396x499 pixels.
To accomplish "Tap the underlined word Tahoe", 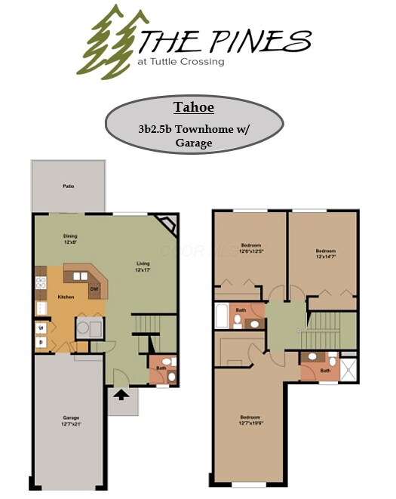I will (x=193, y=107).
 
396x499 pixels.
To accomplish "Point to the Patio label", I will (x=68, y=186).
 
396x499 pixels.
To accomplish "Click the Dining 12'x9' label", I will (x=70, y=239).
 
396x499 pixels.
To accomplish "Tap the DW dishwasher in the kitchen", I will (x=94, y=288).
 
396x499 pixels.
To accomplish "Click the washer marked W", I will (x=41, y=328).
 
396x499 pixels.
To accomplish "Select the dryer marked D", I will (x=41, y=342).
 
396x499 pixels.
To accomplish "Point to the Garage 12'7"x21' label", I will (x=71, y=420).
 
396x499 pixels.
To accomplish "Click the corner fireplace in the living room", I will (x=166, y=224).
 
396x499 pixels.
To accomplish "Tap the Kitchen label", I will (x=66, y=297).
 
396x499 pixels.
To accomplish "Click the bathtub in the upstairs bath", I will (x=221, y=316).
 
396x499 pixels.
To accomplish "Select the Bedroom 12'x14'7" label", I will (x=326, y=254).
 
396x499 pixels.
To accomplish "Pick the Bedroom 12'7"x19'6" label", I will (x=250, y=420).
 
